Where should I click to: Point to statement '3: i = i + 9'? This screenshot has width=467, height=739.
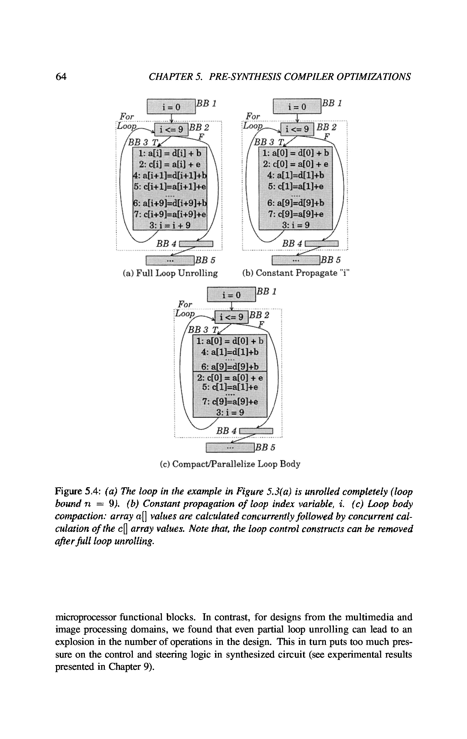(x=170, y=225)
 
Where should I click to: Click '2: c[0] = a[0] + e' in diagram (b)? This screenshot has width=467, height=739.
(x=296, y=164)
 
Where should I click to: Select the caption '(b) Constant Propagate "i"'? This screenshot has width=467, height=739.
(x=296, y=273)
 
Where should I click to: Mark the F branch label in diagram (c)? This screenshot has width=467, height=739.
(x=262, y=324)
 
